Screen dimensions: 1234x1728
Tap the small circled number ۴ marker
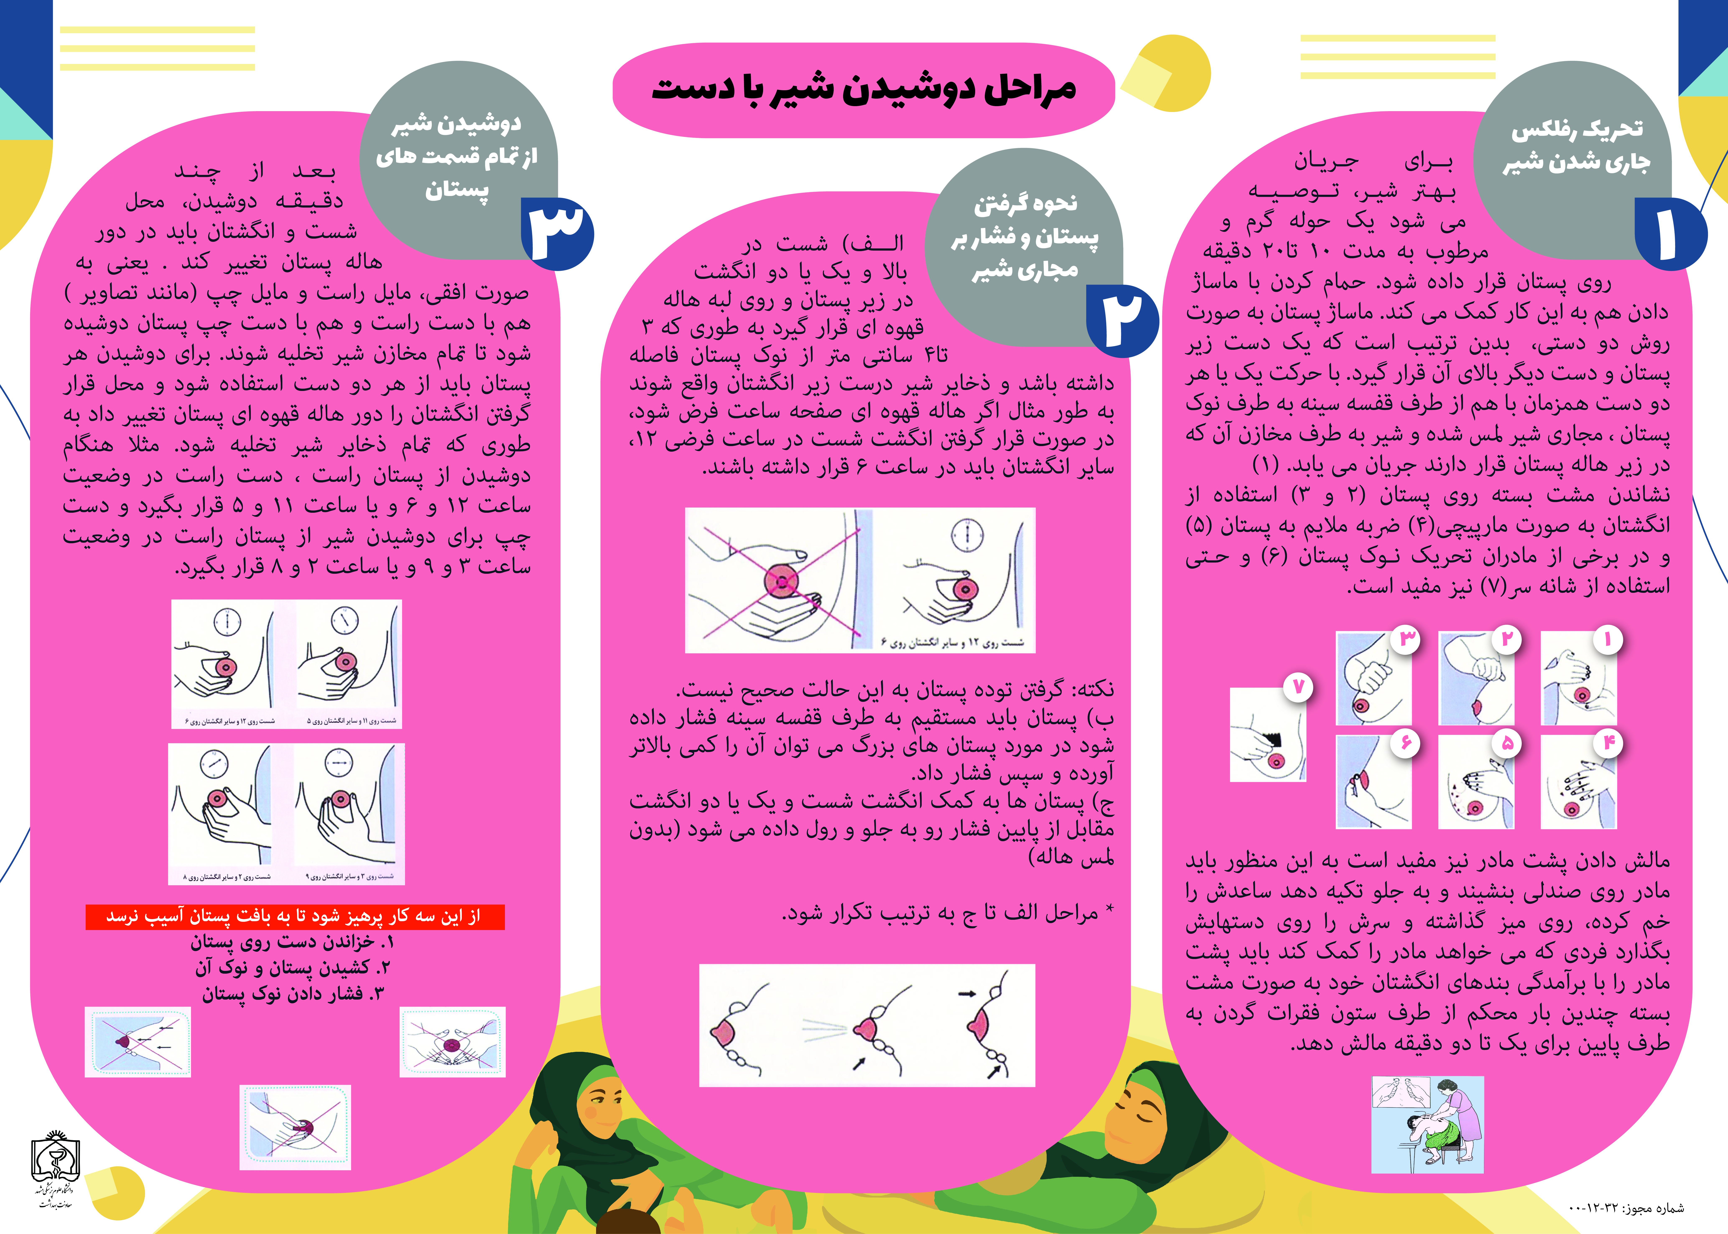(x=1608, y=743)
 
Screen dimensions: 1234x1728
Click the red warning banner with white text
(x=295, y=916)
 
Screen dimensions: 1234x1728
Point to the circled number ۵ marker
(x=1506, y=743)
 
